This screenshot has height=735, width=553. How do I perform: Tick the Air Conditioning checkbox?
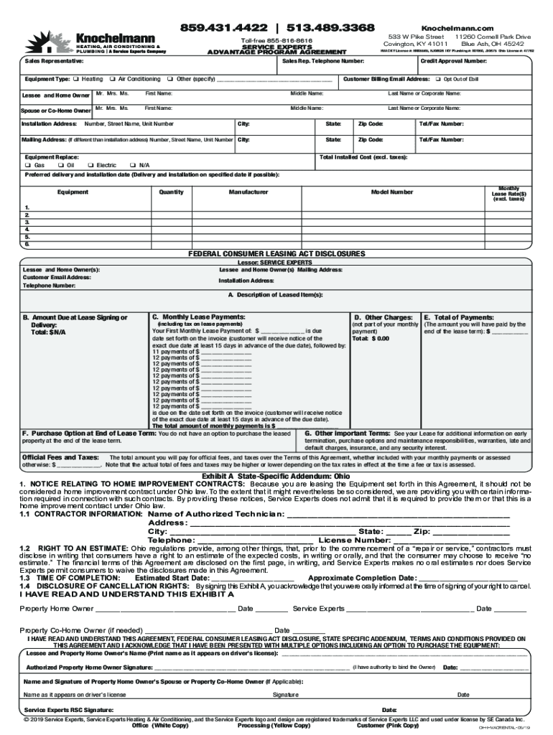coord(113,79)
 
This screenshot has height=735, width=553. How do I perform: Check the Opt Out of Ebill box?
coord(437,79)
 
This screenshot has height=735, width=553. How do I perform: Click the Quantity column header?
coord(171,192)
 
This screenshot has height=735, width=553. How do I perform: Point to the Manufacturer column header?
coord(248,192)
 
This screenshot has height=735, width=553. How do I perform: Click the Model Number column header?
coord(391,192)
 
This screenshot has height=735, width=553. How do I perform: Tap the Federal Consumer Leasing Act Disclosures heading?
coord(276,254)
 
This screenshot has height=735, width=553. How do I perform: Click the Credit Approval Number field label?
coord(453,62)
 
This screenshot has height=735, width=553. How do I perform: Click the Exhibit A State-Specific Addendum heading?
coord(276,476)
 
